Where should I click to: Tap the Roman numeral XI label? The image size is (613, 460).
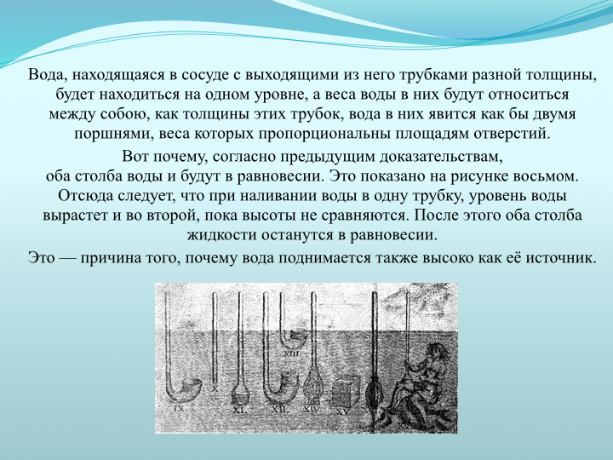pyautogui.click(x=238, y=410)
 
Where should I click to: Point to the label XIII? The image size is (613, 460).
pyautogui.click(x=292, y=354)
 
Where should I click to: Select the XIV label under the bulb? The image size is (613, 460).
pyautogui.click(x=312, y=410)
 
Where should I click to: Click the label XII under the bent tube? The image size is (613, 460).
pyautogui.click(x=280, y=410)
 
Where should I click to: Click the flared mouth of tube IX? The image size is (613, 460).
pyautogui.click(x=192, y=386)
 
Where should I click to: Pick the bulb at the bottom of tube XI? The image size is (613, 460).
pyautogui.click(x=239, y=394)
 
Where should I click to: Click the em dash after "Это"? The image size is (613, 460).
pyautogui.click(x=67, y=259)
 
